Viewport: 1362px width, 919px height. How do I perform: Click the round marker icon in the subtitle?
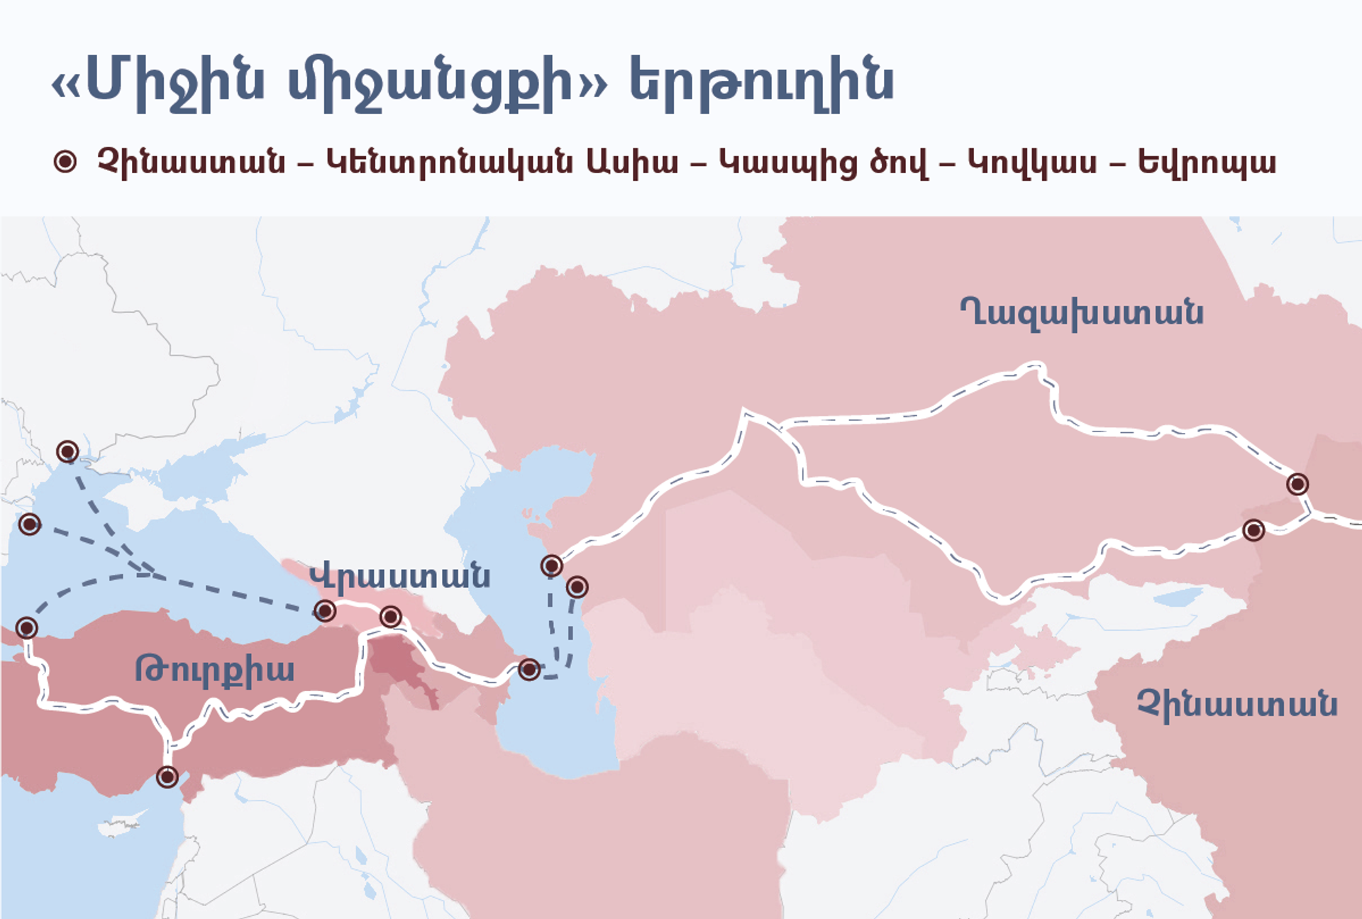coord(65,162)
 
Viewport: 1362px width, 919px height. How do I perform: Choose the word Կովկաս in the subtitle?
coord(1032,163)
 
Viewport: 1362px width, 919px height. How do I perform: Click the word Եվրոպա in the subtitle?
coord(1207,163)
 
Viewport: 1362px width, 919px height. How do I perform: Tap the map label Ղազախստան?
coord(1082,312)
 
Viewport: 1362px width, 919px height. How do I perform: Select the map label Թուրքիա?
coord(214,669)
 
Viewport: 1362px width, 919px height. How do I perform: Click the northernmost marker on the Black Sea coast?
coord(67,451)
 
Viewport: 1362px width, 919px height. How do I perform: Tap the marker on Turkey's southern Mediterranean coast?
coord(167,777)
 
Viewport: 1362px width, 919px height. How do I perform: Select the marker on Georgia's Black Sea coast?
coord(325,610)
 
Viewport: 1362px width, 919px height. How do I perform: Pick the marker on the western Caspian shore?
coord(528,668)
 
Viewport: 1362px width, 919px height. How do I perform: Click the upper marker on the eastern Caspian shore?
coord(552,566)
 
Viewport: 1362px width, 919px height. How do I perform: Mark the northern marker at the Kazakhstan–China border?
coord(1297,484)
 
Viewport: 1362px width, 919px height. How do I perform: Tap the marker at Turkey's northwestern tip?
coord(27,627)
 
